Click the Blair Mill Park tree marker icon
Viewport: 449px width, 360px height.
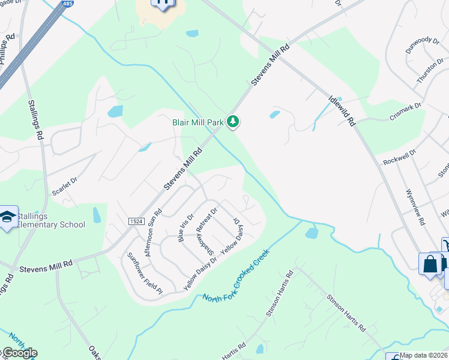point(233,122)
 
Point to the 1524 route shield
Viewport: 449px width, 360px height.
point(136,221)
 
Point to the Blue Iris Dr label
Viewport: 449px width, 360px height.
point(186,228)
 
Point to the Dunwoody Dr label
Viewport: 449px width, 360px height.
point(422,45)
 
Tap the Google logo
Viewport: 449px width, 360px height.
point(19,353)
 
